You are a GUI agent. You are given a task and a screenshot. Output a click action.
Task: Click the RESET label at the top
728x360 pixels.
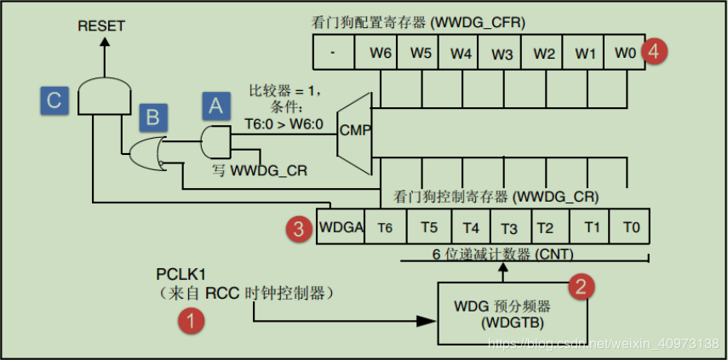[x=101, y=26]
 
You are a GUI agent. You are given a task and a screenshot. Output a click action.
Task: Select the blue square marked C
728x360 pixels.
[x=54, y=100]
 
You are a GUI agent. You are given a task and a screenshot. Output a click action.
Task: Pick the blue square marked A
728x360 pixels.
[x=215, y=105]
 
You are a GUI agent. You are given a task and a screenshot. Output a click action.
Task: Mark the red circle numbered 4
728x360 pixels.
[x=653, y=51]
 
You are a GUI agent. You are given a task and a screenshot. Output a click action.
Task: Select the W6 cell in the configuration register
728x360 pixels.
[x=380, y=53]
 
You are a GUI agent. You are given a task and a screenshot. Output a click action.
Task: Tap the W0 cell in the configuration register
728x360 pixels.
[x=624, y=53]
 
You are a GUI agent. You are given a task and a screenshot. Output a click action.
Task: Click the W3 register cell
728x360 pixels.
[x=502, y=53]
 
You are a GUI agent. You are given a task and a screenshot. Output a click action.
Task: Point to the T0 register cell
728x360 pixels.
[x=629, y=227]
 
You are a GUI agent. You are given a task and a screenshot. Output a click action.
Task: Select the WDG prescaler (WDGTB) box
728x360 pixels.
[x=503, y=312]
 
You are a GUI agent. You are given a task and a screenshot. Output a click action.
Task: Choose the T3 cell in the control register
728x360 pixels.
[x=509, y=227]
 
